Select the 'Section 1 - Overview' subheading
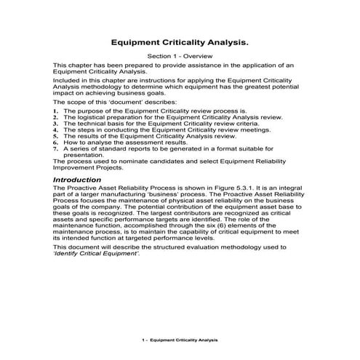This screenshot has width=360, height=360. pyautogui.click(x=179, y=57)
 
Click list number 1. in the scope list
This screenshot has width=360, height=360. pyautogui.click(x=56, y=110)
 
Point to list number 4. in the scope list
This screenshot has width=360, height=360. pyautogui.click(x=56, y=129)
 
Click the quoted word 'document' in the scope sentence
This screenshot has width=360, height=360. pyautogui.click(x=128, y=102)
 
